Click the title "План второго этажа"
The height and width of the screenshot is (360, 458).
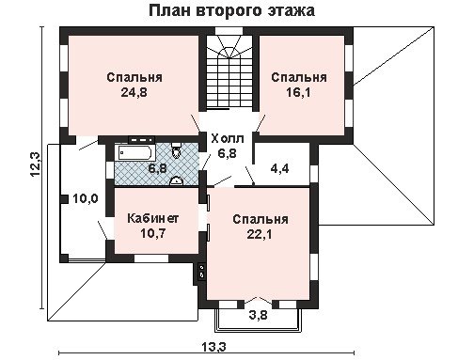(231, 11)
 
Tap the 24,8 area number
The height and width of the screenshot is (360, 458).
(134, 92)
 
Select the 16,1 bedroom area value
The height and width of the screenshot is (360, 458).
(298, 92)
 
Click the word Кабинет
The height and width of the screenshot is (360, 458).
(153, 218)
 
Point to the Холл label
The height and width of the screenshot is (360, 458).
(228, 139)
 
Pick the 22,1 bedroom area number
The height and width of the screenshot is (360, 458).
(260, 234)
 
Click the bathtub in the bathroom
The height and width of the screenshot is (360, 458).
(135, 153)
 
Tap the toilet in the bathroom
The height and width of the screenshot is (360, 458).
(177, 150)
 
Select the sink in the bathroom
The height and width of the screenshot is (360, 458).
(176, 180)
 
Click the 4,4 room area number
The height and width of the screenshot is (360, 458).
(279, 168)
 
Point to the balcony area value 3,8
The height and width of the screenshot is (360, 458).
(259, 315)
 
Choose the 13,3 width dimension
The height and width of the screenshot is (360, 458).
(213, 347)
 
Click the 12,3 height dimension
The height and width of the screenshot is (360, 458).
(35, 164)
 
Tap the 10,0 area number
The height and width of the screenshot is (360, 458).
(86, 198)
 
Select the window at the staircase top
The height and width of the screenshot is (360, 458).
(229, 31)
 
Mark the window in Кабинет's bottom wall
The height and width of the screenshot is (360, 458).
(151, 258)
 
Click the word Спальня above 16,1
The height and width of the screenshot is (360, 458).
(299, 77)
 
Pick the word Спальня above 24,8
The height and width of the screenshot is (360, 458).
(134, 77)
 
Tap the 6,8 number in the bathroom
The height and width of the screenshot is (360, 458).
(157, 168)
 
